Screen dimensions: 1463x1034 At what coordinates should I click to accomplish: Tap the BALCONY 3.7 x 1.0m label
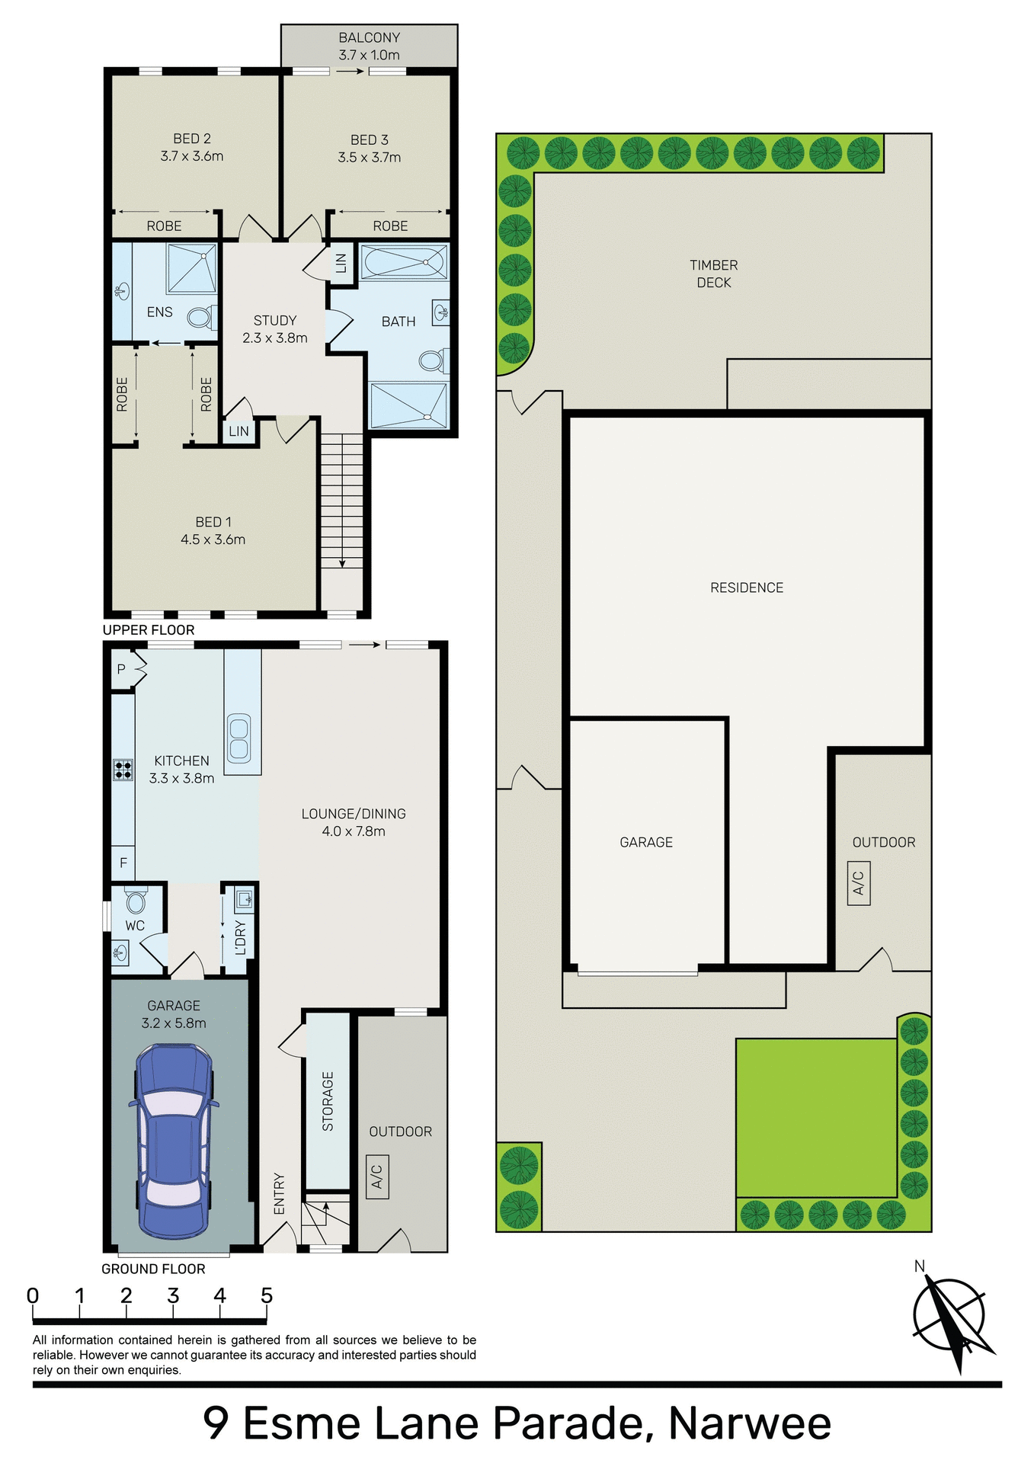(369, 46)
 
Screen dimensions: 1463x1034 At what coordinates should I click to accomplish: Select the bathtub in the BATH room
(403, 262)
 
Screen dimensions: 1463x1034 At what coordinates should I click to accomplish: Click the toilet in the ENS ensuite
(201, 317)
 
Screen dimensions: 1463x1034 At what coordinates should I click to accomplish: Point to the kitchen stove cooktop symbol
(123, 769)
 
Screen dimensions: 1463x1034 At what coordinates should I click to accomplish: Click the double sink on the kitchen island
(238, 738)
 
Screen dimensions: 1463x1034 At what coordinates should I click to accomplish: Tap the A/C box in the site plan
(859, 882)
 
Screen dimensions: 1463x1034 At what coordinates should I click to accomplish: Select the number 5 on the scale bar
(266, 1295)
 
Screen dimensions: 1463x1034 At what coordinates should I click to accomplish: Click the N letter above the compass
(919, 1266)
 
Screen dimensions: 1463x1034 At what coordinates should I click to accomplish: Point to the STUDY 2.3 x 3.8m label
(275, 329)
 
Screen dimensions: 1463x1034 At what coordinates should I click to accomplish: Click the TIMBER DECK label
(713, 274)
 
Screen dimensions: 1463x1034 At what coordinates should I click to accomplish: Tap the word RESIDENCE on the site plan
(746, 587)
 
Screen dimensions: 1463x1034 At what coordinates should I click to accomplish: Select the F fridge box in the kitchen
(123, 863)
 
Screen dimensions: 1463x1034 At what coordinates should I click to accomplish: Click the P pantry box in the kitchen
(121, 670)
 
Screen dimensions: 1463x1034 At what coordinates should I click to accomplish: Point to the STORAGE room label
(328, 1101)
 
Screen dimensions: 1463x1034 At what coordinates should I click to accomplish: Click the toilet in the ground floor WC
(136, 901)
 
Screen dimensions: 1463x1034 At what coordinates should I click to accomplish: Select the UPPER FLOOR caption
(149, 629)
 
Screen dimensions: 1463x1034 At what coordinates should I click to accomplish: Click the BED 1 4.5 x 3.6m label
(213, 530)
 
